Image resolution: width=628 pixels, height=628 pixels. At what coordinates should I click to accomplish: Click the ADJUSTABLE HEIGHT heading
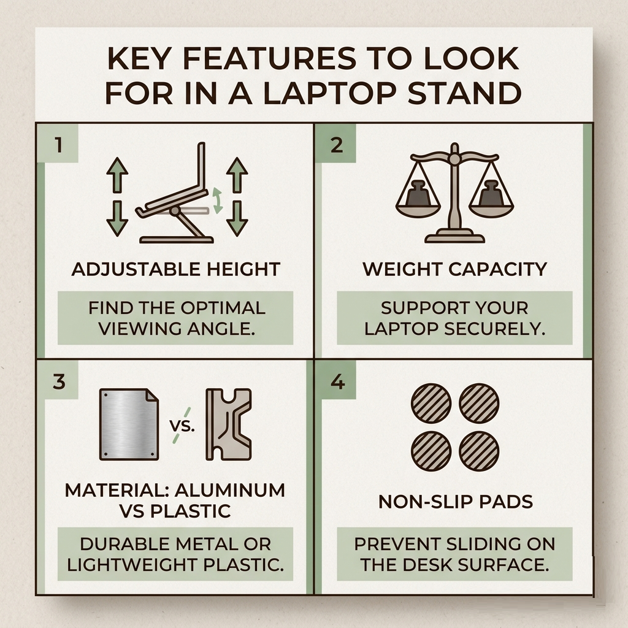[175, 269]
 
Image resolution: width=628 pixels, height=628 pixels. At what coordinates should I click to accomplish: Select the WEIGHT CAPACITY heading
[454, 269]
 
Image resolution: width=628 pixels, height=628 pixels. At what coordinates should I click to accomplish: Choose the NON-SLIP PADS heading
[454, 502]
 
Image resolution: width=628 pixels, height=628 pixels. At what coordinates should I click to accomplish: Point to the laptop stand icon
[176, 195]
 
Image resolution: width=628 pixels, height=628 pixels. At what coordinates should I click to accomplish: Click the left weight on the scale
[418, 193]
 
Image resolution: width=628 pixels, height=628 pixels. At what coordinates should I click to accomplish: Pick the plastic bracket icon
[228, 424]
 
